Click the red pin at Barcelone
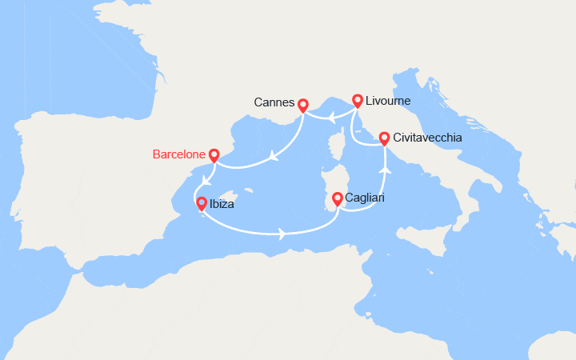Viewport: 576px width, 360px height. [214, 154]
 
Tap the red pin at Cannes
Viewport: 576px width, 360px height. [302, 104]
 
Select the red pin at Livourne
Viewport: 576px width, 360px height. [357, 101]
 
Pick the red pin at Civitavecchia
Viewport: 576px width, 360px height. [384, 138]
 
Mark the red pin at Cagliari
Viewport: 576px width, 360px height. [338, 197]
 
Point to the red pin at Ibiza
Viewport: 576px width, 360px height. [202, 203]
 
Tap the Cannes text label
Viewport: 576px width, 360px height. [273, 103]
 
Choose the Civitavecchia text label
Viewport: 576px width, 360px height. [427, 138]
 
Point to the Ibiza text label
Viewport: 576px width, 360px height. [223, 204]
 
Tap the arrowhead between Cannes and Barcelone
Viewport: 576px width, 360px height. [273, 157]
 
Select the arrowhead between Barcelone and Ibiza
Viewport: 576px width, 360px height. [206, 180]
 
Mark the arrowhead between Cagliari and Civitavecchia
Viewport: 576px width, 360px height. [384, 170]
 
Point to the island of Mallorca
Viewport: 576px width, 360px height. [232, 196]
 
